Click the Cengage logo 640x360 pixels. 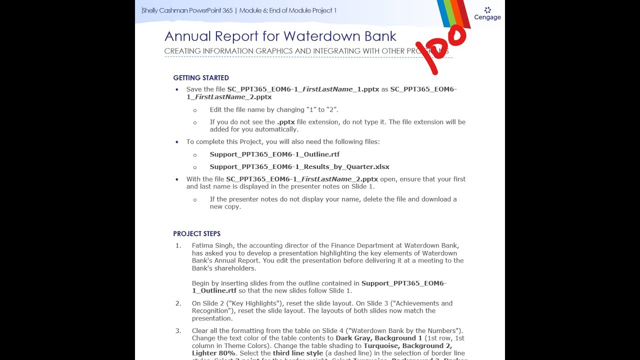coord(487,14)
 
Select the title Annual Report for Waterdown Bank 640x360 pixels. coord(280,36)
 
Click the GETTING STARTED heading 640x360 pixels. coord(201,78)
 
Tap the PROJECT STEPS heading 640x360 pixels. coord(196,234)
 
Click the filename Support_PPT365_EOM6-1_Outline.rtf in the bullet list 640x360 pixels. coord(274,154)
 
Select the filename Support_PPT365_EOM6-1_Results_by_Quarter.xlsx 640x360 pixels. coord(299,167)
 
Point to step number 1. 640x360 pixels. coord(178,245)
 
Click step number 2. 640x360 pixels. coord(178,303)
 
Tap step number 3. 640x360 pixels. coord(178,331)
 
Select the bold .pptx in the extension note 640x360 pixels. coord(286,122)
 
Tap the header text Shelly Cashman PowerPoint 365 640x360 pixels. coord(187,10)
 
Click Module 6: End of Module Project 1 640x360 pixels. coord(287,10)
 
